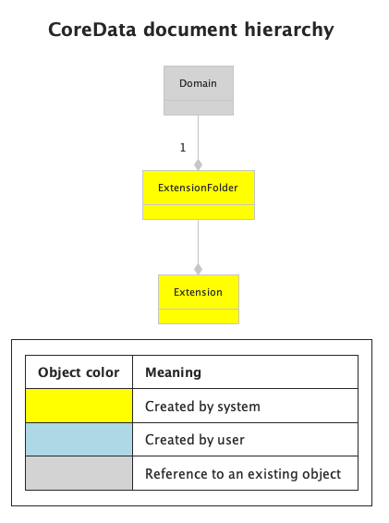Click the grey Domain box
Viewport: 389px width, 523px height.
tap(198, 84)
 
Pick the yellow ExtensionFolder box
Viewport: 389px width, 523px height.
tap(198, 189)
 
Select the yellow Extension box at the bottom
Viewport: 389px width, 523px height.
tap(198, 293)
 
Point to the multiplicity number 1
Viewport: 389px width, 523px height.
tap(183, 147)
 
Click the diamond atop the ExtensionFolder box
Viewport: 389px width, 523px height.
tap(198, 164)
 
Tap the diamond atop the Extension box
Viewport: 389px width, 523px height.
tap(198, 268)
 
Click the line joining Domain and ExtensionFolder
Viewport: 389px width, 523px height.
tap(198, 134)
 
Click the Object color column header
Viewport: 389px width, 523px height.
tap(79, 372)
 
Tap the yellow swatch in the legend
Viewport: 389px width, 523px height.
tap(79, 406)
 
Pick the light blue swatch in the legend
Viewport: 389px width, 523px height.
tap(79, 440)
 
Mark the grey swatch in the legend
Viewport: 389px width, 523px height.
tap(79, 474)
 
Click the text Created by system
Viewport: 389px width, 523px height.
tap(202, 407)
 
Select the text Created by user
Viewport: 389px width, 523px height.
tap(195, 440)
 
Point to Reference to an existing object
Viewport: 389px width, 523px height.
tap(243, 474)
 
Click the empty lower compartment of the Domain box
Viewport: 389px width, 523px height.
tap(198, 107)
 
